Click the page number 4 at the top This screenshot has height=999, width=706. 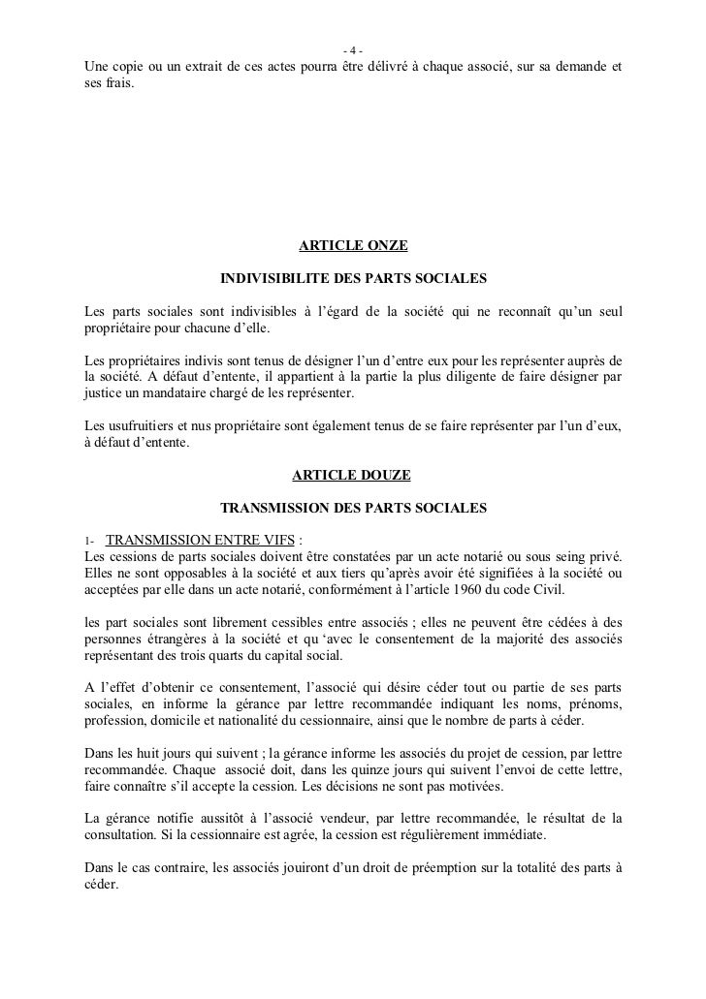click(353, 51)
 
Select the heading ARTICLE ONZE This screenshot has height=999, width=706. click(352, 247)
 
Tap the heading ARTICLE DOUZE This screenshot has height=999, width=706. click(351, 475)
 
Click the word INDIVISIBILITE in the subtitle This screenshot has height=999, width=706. click(275, 279)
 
